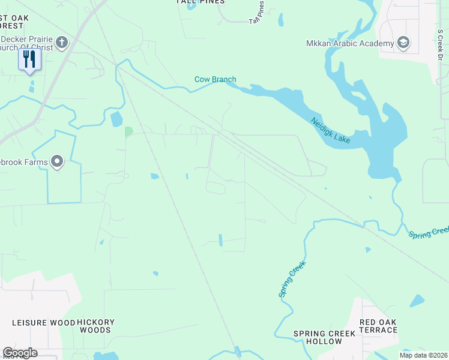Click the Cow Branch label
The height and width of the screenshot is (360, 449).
click(x=215, y=79)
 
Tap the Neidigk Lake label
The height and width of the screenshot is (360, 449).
click(x=330, y=130)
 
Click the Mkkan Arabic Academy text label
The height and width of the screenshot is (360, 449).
click(x=349, y=43)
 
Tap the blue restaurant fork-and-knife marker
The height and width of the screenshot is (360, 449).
click(x=29, y=59)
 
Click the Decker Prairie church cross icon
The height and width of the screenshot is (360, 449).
click(x=62, y=43)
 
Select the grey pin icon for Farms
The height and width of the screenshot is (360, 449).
click(x=57, y=161)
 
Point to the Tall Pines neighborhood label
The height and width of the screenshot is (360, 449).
click(x=200, y=2)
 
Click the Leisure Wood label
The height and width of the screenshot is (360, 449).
click(x=44, y=323)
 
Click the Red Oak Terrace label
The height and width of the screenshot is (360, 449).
click(x=378, y=326)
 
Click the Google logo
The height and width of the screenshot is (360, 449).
click(x=20, y=353)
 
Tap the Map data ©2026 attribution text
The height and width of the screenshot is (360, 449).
click(x=423, y=355)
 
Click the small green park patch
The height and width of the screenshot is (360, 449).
click(x=128, y=131)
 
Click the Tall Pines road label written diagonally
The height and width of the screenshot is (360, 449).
click(x=256, y=13)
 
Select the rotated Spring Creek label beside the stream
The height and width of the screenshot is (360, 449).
click(x=292, y=279)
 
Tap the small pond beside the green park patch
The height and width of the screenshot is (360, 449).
click(x=116, y=119)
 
